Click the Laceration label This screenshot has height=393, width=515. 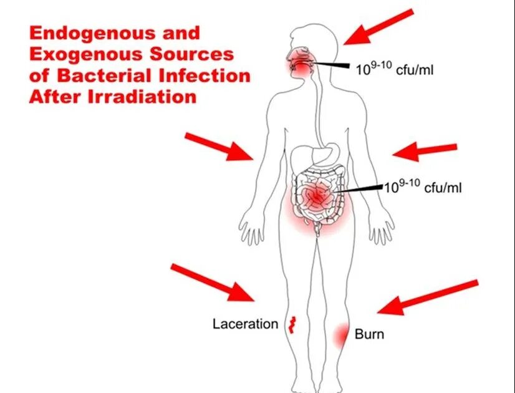coord(244,324)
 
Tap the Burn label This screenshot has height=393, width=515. coord(369,334)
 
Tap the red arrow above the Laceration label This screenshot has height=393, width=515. coord(213,281)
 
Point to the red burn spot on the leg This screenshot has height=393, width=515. coord(340,336)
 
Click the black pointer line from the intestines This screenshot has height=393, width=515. coord(362,188)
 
